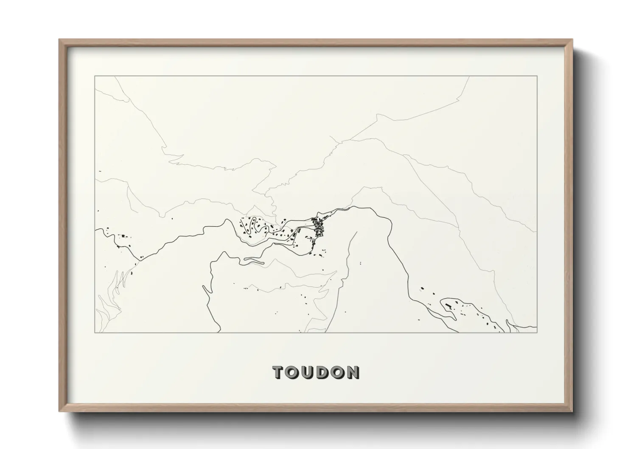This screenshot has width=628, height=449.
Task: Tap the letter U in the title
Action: [310, 372]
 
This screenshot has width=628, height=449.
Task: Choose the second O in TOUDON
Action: [339, 372]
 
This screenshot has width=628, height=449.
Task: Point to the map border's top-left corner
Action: [95, 76]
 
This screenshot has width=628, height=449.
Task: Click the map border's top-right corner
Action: [537, 76]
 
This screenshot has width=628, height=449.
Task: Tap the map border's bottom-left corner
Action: [95, 332]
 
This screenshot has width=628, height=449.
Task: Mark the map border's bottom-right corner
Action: [537, 332]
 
